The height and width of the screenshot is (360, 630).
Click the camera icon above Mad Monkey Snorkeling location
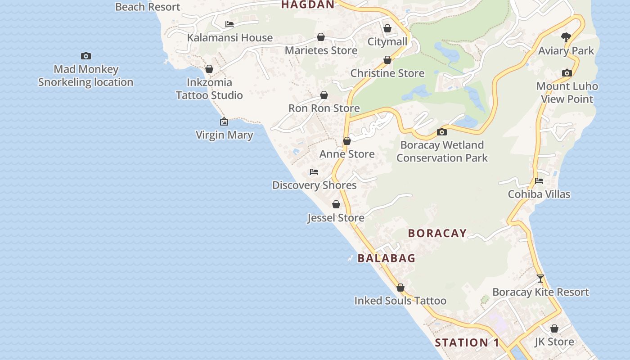coord(85,56)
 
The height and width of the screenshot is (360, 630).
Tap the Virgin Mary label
coord(224,135)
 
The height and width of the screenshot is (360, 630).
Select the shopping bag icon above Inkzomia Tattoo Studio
coord(209,69)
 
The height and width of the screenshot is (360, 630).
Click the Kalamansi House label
coord(229,38)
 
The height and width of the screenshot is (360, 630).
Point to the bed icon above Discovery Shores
coord(314,172)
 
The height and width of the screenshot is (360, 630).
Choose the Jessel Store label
coord(336,218)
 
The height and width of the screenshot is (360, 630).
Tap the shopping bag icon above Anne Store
coord(347,141)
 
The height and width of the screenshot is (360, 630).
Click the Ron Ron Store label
coord(324,108)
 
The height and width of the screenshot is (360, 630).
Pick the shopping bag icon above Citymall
coord(387,28)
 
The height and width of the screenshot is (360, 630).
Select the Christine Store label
coord(387,73)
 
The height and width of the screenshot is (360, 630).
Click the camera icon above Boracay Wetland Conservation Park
coord(442,132)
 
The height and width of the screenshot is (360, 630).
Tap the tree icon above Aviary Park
coord(566,37)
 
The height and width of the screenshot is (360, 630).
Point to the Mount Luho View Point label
coord(567,93)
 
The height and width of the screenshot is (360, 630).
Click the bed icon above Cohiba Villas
coord(539,181)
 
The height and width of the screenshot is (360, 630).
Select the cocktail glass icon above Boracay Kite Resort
coord(540,279)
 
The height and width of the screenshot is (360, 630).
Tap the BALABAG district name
coord(387,258)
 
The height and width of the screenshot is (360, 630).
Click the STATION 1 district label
coord(467,343)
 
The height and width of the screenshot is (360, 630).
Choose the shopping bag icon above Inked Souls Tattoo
coord(400,288)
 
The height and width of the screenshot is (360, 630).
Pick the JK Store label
coord(554,342)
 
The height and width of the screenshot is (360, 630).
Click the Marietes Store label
coord(321,50)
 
